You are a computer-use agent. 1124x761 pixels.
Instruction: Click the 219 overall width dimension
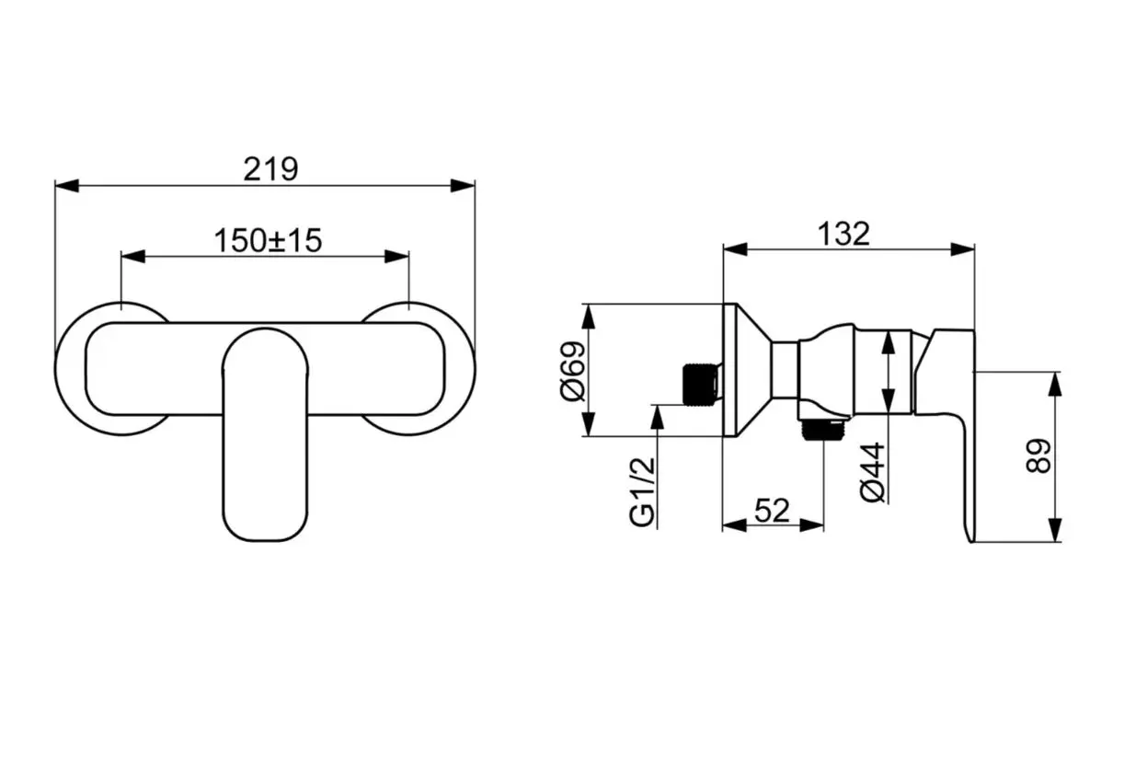[270, 169]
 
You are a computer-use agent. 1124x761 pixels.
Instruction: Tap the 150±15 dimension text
[268, 240]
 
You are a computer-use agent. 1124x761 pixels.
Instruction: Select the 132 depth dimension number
[843, 234]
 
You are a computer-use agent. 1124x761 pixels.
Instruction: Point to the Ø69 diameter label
[573, 371]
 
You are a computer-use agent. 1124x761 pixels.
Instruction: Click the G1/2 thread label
[642, 492]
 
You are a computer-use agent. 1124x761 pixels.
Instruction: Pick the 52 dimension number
[772, 511]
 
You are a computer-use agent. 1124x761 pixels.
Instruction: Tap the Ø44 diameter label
[873, 472]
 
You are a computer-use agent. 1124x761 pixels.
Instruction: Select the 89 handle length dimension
[1038, 455]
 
